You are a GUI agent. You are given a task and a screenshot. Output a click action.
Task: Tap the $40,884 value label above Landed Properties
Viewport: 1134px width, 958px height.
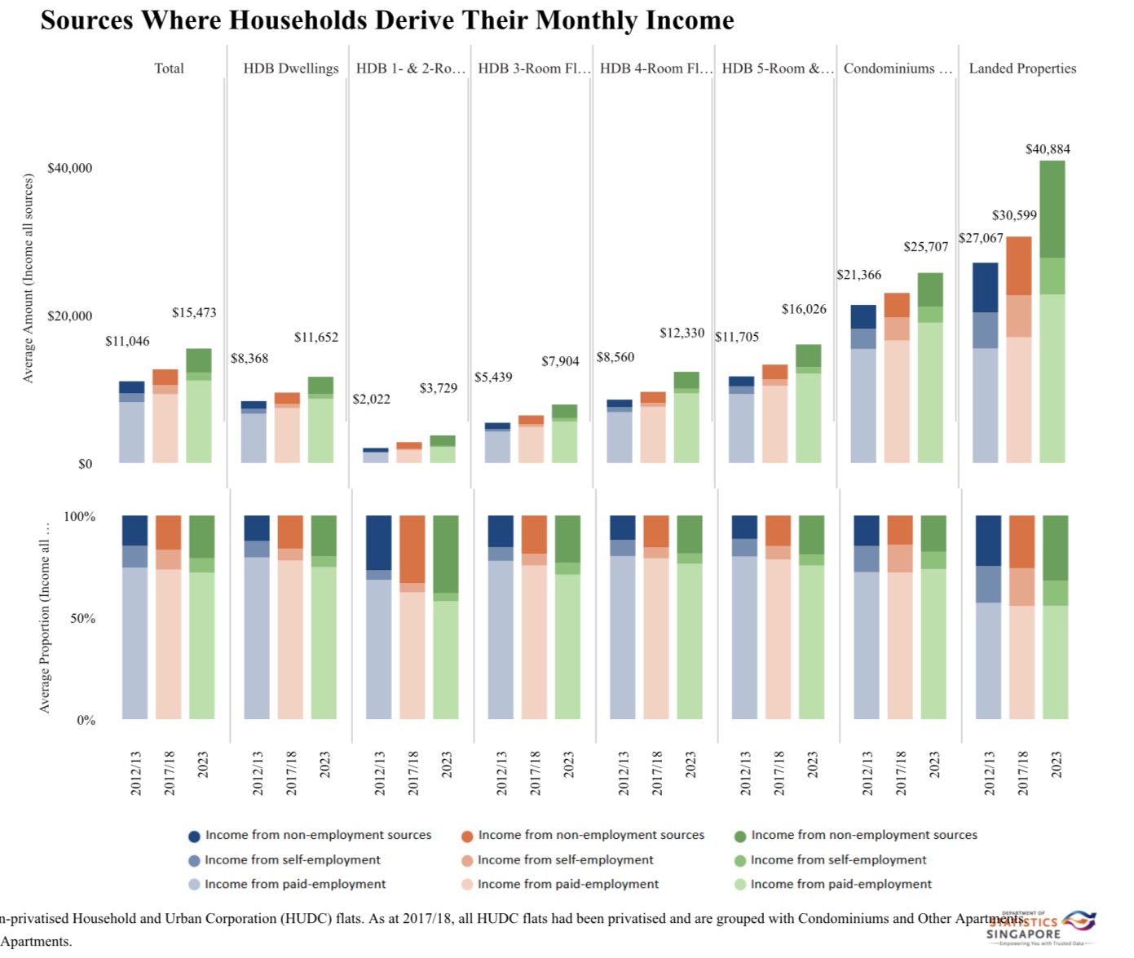coord(1047,149)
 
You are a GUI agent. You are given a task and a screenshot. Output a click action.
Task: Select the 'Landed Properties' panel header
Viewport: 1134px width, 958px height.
coord(1022,68)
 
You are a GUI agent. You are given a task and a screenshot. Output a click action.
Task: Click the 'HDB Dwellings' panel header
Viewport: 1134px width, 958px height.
coord(290,68)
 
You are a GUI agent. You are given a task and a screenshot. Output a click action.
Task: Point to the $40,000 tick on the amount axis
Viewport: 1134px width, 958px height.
coord(70,168)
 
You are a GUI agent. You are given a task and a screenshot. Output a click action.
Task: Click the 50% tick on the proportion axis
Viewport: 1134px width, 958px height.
coord(82,618)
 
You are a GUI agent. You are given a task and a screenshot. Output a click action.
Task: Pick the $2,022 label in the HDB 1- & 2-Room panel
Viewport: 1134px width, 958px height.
coord(371,400)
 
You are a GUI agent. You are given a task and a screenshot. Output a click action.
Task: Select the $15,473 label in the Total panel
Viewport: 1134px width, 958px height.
coord(194,313)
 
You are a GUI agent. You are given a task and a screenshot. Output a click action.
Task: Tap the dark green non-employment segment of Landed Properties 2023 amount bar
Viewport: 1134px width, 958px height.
coord(1052,210)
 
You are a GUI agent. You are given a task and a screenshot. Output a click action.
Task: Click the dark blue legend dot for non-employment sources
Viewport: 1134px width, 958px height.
coord(194,836)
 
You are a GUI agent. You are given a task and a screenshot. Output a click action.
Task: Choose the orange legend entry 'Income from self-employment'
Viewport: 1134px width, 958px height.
coord(565,860)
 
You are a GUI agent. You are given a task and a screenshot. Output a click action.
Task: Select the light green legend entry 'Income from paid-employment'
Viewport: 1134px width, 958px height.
coord(841,885)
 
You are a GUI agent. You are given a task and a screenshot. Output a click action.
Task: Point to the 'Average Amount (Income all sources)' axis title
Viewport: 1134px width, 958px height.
coord(29,278)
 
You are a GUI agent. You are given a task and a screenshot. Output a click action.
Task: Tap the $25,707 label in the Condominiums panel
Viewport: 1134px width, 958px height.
coord(925,247)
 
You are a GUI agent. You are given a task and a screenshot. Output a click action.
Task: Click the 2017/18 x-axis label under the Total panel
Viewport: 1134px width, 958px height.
coord(169,773)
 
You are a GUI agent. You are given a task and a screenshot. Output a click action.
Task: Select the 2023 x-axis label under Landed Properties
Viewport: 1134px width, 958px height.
coord(1056,765)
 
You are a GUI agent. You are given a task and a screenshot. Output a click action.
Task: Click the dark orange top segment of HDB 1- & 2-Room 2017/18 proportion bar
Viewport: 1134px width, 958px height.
coord(413,549)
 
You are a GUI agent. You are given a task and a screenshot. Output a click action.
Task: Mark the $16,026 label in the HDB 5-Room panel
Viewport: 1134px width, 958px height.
coord(804,309)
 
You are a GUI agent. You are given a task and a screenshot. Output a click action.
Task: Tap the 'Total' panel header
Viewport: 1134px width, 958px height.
coord(169,68)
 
